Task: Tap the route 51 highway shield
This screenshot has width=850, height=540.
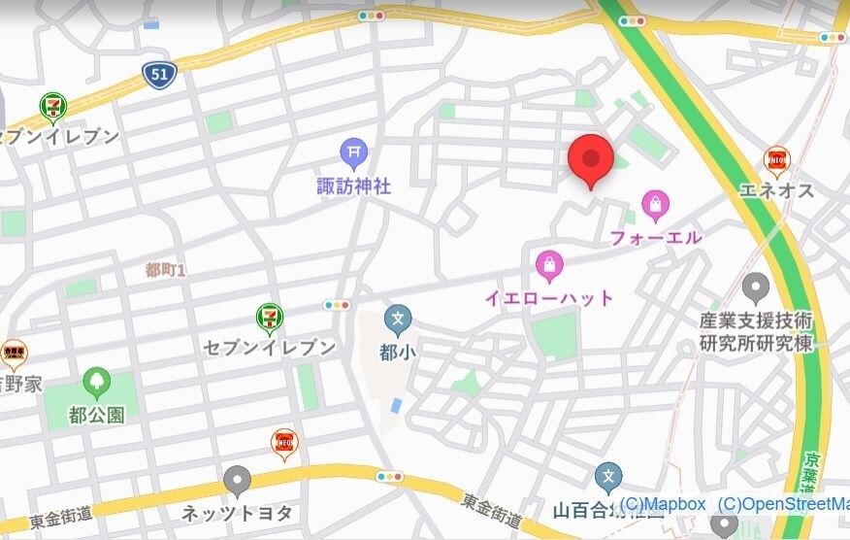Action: (x=158, y=74)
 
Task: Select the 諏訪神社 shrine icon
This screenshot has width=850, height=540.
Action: (x=353, y=152)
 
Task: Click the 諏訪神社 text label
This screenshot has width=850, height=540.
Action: (x=353, y=186)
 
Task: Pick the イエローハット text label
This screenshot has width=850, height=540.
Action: (x=549, y=297)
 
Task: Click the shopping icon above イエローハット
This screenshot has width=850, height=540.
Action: (x=549, y=264)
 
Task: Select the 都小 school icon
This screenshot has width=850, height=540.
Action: (x=397, y=319)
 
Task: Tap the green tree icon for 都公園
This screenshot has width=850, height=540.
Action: (x=96, y=382)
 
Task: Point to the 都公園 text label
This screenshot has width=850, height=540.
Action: (x=96, y=416)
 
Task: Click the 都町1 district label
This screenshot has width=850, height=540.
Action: (x=165, y=270)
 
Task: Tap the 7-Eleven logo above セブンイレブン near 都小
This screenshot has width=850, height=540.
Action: (x=270, y=316)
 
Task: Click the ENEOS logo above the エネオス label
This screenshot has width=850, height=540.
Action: (x=776, y=159)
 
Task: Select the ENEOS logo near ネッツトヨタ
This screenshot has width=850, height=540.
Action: (x=284, y=442)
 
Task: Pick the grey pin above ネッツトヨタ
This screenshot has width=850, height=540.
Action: (x=238, y=480)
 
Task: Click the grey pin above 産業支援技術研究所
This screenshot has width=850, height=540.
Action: (x=756, y=287)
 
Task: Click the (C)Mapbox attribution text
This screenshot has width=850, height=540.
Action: (x=662, y=504)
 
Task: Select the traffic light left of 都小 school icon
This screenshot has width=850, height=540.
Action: (x=337, y=305)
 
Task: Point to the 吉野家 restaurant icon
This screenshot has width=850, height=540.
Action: (x=13, y=352)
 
